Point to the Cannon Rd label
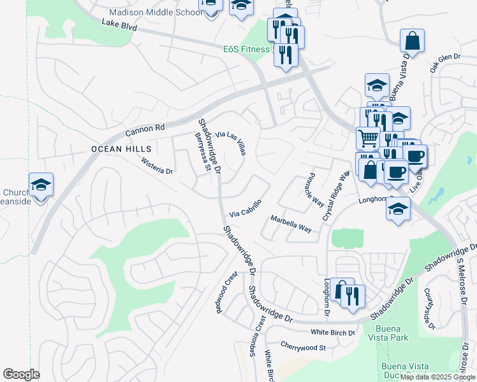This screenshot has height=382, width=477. [145, 129]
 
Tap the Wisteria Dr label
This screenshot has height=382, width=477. [157, 167]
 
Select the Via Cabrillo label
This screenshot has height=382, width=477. [246, 207]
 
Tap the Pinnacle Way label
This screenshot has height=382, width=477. [315, 189]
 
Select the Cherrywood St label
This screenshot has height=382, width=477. [302, 348]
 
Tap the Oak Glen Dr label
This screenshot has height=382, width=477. [445, 62]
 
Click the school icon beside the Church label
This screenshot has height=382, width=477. [41, 185]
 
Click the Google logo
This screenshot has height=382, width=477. [21, 374]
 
